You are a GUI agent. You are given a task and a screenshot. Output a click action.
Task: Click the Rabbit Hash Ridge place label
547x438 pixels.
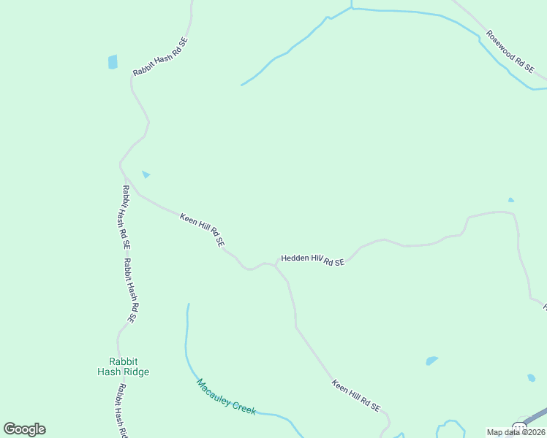pos(123,366)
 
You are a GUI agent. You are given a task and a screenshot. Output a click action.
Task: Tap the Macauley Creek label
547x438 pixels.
pos(226,397)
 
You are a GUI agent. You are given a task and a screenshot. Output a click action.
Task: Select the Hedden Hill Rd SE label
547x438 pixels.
pos(312,260)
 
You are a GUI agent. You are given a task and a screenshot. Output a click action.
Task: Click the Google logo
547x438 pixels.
pos(24,429)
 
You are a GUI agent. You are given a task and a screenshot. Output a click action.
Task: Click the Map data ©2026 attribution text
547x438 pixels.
pos(516,432)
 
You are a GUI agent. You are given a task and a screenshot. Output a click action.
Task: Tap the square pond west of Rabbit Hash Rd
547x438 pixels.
pos(113,62)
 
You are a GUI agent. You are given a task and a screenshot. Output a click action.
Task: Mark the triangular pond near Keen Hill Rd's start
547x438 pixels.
pos(146,174)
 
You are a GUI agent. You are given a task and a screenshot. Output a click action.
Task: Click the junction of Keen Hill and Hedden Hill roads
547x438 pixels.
pos(276,264)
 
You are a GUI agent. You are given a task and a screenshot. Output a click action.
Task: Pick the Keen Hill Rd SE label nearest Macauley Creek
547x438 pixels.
pos(356,395)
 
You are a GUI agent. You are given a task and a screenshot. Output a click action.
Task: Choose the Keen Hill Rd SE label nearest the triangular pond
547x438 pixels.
pos(202,228)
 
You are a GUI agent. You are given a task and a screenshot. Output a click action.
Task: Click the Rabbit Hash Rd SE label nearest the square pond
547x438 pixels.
pos(160,57)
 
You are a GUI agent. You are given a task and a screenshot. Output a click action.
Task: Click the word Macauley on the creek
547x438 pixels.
pos(214,389)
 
